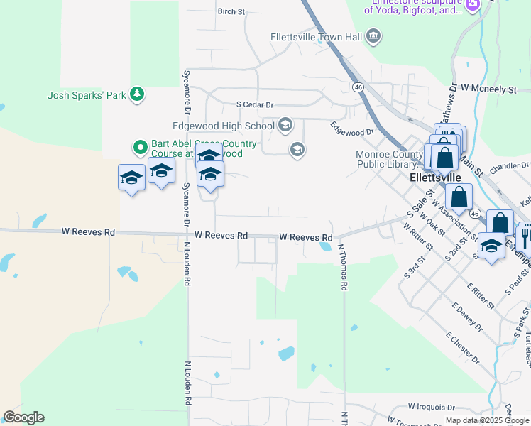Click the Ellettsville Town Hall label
click(317, 37)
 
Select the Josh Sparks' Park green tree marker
click(136, 94)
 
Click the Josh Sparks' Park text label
click(86, 94)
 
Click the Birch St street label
click(231, 11)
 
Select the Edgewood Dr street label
click(351, 128)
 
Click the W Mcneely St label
click(488, 89)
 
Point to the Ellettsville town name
click(437, 177)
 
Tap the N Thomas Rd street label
click(342, 268)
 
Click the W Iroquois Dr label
click(432, 407)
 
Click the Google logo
click(23, 417)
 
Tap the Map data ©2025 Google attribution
click(487, 420)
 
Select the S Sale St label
click(420, 203)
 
